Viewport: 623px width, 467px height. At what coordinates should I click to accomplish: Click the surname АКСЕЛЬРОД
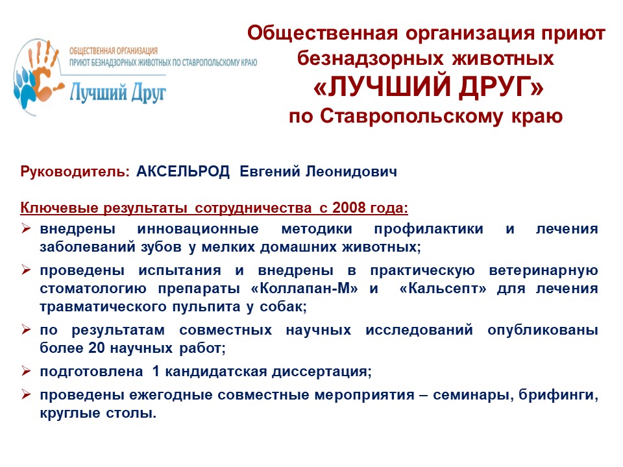(x=183, y=171)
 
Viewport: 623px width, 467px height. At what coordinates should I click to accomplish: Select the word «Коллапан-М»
(x=304, y=288)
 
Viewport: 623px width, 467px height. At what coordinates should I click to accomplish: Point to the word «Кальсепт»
(x=443, y=288)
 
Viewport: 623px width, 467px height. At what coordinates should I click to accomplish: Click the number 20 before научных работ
(x=97, y=348)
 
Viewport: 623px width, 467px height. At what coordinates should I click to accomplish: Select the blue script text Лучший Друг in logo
(x=117, y=93)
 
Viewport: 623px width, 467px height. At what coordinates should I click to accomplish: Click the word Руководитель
(x=75, y=171)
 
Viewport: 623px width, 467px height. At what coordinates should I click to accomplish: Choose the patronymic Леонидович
(x=351, y=171)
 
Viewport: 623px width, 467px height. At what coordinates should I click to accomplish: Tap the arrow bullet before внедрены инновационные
(x=26, y=228)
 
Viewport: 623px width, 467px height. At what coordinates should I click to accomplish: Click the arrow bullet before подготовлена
(x=26, y=371)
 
